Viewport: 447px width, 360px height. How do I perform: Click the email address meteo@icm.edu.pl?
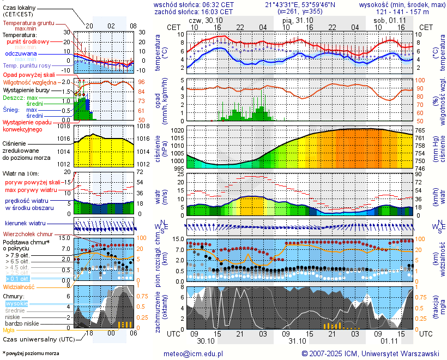click(x=194, y=353)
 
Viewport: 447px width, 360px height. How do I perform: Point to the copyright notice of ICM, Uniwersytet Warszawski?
click(x=371, y=353)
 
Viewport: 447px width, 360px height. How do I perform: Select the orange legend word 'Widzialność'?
click(x=19, y=286)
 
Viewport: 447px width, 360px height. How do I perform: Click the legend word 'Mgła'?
click(x=9, y=330)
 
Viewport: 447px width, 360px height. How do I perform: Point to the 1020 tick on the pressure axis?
click(x=177, y=131)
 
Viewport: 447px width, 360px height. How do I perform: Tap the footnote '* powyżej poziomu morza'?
click(x=31, y=353)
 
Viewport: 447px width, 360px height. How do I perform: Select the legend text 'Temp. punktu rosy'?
click(x=27, y=65)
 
